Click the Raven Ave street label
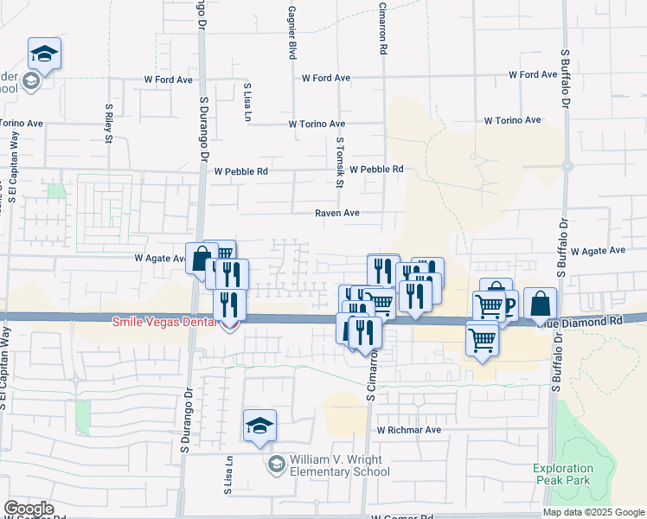coord(336,212)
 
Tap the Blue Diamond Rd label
coord(590,320)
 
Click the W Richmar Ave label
coord(409,429)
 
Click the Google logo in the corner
coord(29,509)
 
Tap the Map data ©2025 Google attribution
coord(594,512)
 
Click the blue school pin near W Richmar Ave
coord(259,426)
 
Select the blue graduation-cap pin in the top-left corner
coord(44,54)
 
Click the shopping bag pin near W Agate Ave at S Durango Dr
coord(202,258)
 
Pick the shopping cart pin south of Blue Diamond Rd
coord(482,338)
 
